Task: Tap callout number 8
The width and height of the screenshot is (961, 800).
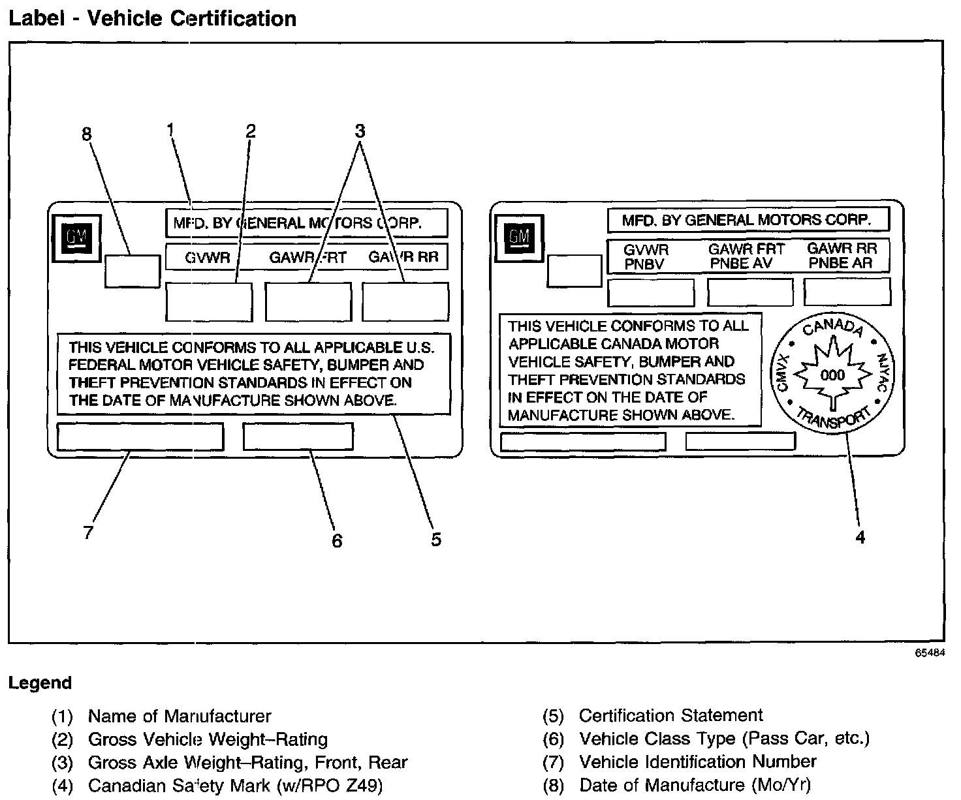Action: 87,134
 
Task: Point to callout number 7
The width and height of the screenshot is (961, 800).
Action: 88,532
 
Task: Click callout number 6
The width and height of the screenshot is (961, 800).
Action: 337,540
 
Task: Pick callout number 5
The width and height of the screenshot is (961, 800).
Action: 436,539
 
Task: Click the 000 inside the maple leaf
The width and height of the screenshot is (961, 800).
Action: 832,375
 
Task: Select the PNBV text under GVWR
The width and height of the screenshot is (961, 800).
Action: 644,264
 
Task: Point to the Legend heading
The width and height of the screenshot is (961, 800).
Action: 39,683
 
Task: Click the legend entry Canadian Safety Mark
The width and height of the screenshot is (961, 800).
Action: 235,785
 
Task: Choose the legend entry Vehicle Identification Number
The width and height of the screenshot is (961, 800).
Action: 697,762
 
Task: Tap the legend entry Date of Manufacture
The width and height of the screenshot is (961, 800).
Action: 695,785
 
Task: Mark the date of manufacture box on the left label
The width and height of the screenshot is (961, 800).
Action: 132,271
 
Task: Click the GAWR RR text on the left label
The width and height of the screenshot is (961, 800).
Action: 403,256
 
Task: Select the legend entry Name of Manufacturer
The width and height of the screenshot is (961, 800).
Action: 179,716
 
